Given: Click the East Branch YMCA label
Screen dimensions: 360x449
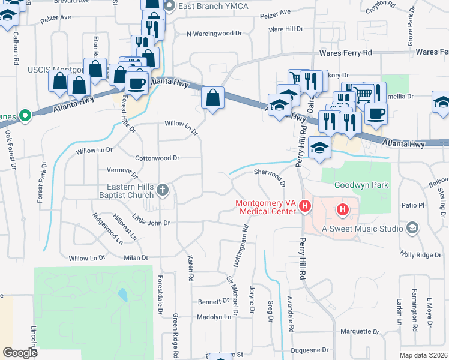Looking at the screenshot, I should click(203, 6).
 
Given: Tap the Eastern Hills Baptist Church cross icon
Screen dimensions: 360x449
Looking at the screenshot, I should click(162, 191).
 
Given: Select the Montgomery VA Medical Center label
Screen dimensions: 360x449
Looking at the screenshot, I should click(266, 207).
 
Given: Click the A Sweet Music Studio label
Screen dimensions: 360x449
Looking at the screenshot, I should click(360, 228).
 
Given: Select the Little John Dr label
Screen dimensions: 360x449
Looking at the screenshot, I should click(151, 222).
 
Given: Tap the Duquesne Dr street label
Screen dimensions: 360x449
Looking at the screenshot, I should click(309, 349).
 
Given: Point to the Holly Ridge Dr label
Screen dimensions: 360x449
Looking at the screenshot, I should click(421, 255).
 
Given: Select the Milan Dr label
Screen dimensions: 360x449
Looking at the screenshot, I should click(136, 257).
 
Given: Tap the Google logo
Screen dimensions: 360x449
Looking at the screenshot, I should click(20, 353).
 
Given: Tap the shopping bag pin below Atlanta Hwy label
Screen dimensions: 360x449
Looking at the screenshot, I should click(213, 97).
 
